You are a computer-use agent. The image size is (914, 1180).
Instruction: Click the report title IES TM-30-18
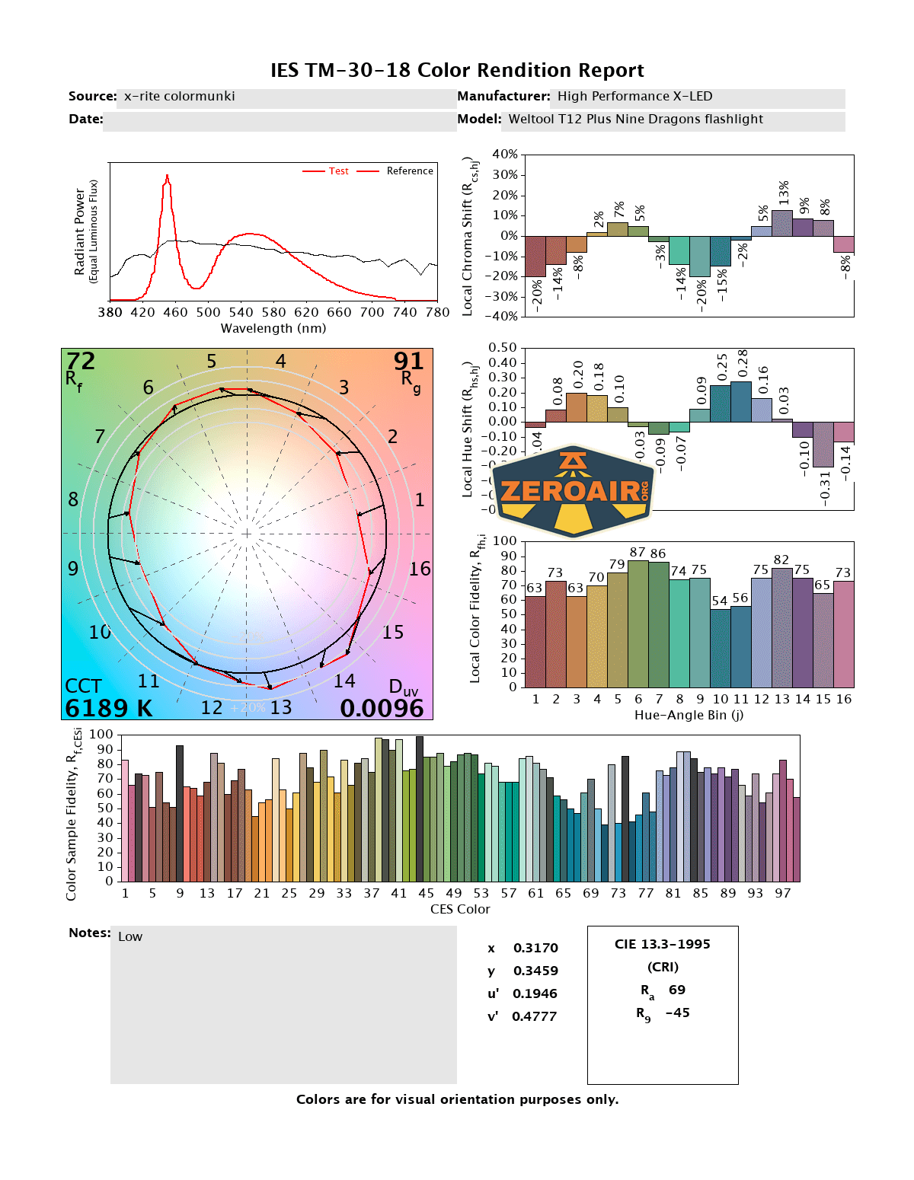457,70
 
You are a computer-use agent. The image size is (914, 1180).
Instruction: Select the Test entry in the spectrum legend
338,171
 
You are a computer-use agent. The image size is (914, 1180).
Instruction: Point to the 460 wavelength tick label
175,312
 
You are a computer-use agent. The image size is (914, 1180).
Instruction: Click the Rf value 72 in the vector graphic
81,361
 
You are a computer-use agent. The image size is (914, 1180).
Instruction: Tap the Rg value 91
408,361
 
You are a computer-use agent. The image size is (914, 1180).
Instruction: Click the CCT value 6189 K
109,709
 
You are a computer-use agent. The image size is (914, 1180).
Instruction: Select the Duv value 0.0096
382,709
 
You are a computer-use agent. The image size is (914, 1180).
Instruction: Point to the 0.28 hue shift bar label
743,362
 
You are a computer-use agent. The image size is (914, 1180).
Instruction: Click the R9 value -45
677,1013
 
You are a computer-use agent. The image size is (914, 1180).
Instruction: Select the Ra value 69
677,990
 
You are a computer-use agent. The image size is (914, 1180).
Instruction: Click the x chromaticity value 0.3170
535,948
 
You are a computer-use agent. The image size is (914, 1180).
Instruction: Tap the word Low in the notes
130,937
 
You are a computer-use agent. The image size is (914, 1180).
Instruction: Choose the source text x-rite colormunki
180,96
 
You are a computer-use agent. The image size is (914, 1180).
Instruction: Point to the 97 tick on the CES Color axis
783,893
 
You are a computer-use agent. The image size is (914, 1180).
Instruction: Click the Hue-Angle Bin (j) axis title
689,715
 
